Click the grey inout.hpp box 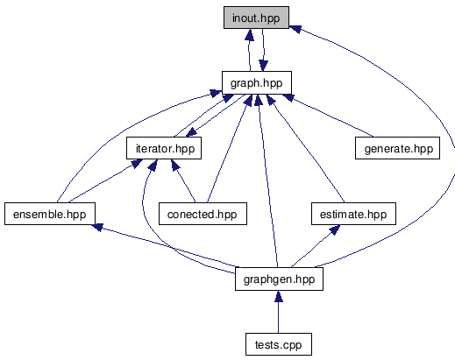coord(256,18)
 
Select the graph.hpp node coord(257,82)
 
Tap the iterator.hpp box coord(164,148)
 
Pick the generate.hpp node coord(397,148)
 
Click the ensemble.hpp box coord(50,214)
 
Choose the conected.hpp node coord(203,214)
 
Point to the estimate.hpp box coord(353,214)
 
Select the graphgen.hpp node coord(279,279)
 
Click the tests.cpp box coord(279,344)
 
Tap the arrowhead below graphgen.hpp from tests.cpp coord(279,296)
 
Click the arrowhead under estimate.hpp coord(335,229)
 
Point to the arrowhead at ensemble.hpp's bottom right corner coord(97,227)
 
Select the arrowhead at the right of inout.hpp coord(295,29)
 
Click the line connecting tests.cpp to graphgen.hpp coord(279,317)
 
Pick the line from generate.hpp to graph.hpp coord(331,116)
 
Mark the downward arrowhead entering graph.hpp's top coord(263,66)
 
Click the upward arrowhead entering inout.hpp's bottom coord(249,34)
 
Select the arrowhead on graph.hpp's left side coord(216,94)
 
